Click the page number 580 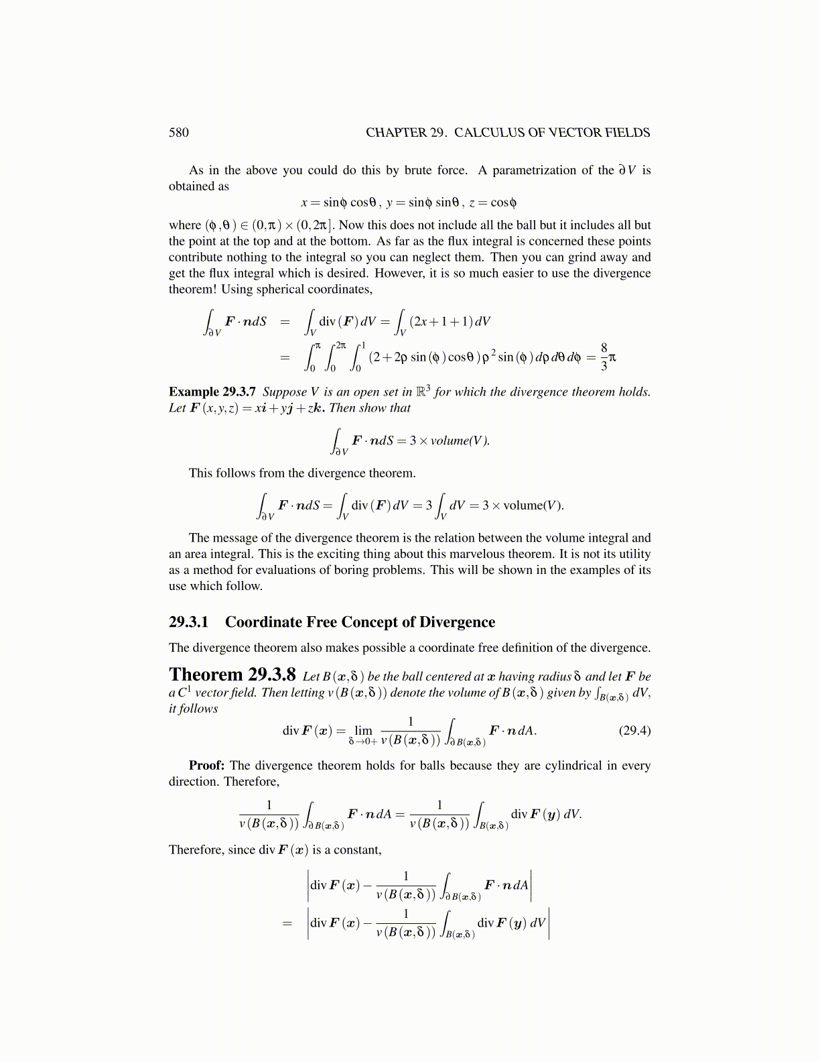coord(179,133)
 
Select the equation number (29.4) coord(634,730)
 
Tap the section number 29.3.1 coord(188,622)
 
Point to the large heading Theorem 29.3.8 coord(232,674)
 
